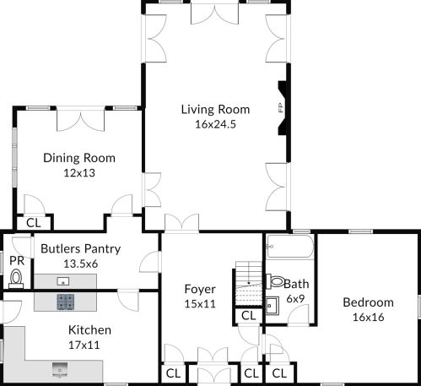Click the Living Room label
click(215, 109)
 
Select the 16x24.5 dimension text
click(215, 123)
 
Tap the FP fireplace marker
click(279, 107)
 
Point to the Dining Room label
click(79, 158)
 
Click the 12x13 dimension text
click(79, 172)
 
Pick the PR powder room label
click(16, 260)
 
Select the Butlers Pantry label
click(80, 249)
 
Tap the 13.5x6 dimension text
click(80, 264)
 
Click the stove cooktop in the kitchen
click(66, 301)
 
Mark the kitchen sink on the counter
click(61, 367)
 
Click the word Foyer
click(200, 289)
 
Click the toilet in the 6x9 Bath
click(275, 282)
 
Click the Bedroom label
click(368, 302)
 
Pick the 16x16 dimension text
click(368, 317)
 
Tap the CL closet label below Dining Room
click(33, 223)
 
